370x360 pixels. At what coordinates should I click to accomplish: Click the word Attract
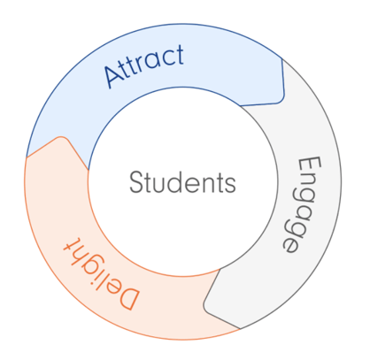(144, 66)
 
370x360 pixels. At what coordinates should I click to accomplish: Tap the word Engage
(302, 204)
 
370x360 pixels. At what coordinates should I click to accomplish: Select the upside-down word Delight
(102, 273)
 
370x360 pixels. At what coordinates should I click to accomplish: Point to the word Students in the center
(182, 182)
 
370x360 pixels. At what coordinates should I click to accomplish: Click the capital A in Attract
(113, 76)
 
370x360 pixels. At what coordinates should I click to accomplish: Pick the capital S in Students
(136, 182)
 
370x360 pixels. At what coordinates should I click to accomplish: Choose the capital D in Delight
(127, 298)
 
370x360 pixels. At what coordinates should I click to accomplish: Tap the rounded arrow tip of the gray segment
(205, 307)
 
